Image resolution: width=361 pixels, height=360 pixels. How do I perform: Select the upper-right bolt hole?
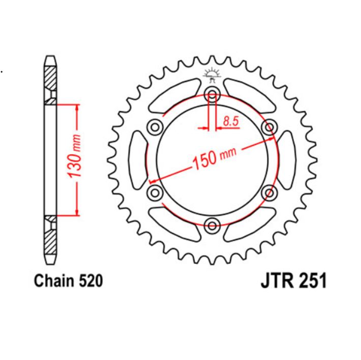coord(269,125)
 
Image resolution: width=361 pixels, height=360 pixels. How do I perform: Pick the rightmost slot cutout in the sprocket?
coord(287,159)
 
